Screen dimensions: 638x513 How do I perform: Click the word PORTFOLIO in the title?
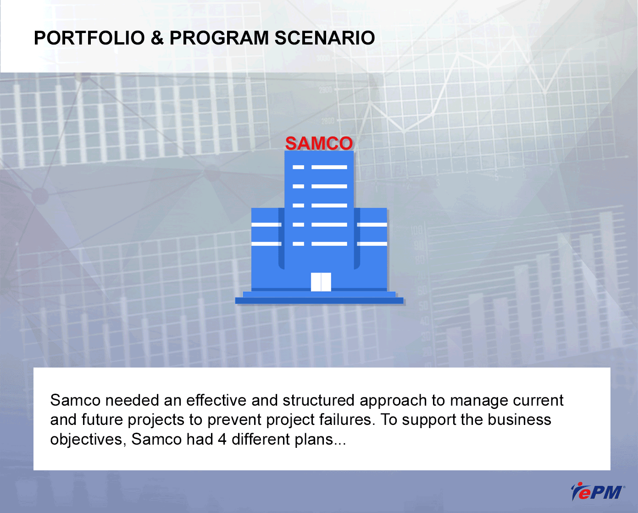89,38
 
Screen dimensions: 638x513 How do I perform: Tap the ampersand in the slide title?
157,38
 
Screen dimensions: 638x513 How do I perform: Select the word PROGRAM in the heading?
219,38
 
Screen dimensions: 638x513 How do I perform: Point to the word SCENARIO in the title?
325,38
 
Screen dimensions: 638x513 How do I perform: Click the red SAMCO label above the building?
319,143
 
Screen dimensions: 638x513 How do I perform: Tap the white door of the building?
321,282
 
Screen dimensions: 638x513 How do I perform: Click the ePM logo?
598,492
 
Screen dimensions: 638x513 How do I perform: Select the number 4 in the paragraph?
222,439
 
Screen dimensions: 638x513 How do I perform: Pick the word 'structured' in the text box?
318,400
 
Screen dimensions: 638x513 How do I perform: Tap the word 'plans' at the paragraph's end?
314,440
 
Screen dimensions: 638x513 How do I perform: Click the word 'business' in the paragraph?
519,420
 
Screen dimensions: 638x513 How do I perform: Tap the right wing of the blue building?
371,249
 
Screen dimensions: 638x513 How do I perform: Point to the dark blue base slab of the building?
319,301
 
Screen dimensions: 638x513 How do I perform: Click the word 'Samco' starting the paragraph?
75,400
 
